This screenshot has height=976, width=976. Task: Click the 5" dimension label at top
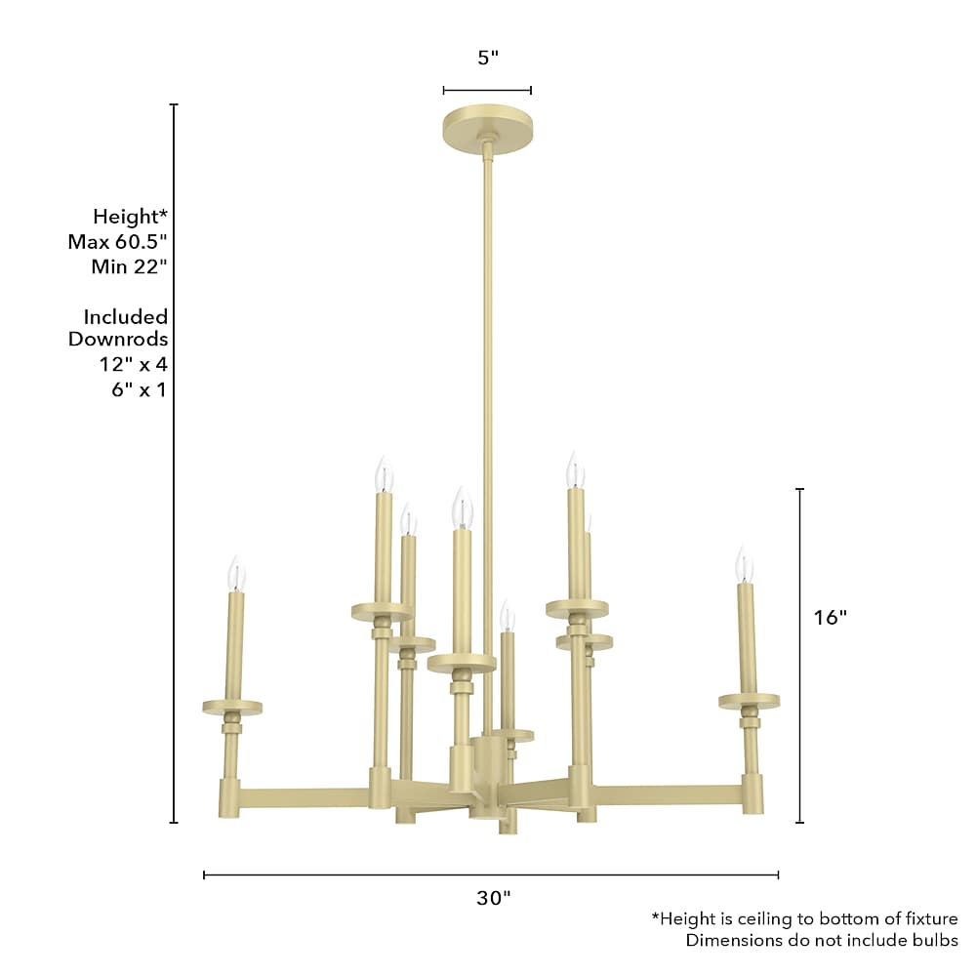[x=488, y=58]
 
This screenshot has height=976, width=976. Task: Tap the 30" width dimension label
[x=494, y=898]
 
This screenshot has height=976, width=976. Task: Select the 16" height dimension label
[x=831, y=618]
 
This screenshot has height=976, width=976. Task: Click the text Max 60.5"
[x=118, y=241]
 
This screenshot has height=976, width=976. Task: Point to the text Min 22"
[x=130, y=267]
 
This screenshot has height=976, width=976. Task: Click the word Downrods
[x=118, y=340]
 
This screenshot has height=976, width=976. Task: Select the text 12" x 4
[x=134, y=364]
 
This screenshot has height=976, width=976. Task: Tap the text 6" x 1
[x=140, y=389]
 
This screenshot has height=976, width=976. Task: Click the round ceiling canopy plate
[x=487, y=130]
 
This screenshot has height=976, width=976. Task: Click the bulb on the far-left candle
[x=236, y=573]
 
